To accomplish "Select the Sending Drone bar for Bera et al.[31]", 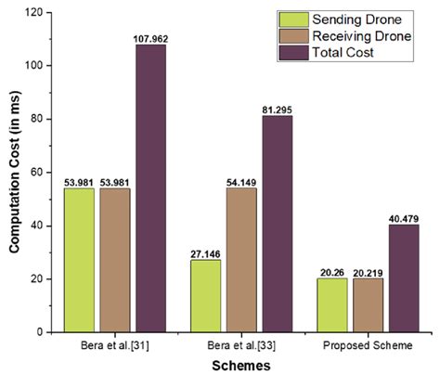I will coord(79,259).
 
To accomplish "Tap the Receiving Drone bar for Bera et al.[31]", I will coord(115,259).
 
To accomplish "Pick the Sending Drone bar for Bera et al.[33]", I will coord(207,295).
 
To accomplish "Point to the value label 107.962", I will coord(151,38).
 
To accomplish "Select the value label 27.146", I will coord(207,252).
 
